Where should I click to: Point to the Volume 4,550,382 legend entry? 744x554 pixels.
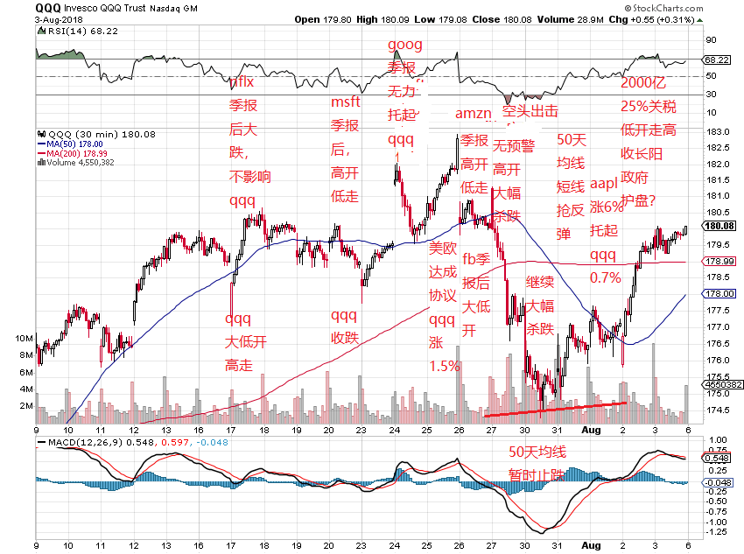81,163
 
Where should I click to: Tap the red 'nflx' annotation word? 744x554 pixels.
242,83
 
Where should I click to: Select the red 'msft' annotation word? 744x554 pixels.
346,102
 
